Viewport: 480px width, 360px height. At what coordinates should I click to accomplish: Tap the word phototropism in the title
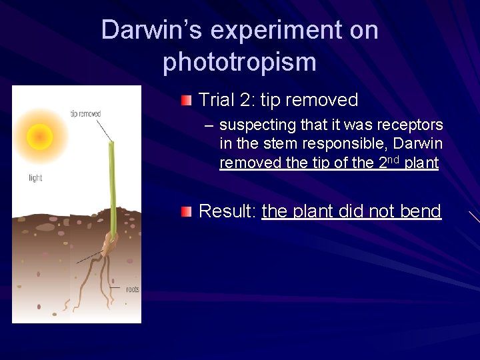tap(239, 62)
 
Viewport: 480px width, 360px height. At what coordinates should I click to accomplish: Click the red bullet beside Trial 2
tap(186, 101)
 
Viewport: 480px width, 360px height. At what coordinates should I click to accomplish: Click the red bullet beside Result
tap(186, 212)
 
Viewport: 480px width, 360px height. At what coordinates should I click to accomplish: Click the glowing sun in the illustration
tap(40, 137)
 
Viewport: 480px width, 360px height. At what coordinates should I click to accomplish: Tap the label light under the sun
tap(35, 178)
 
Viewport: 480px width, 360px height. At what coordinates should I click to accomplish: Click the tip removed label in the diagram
tap(85, 114)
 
